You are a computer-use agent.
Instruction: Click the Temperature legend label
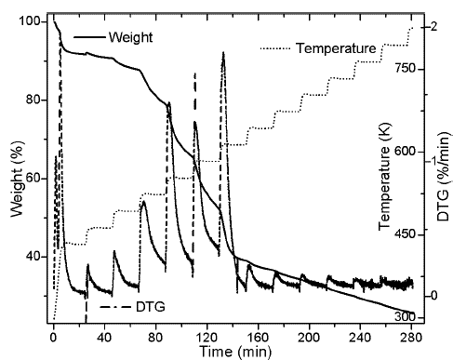tap(336, 47)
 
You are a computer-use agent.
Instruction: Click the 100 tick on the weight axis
tap(34, 21)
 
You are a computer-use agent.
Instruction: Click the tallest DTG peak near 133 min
tap(223, 53)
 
